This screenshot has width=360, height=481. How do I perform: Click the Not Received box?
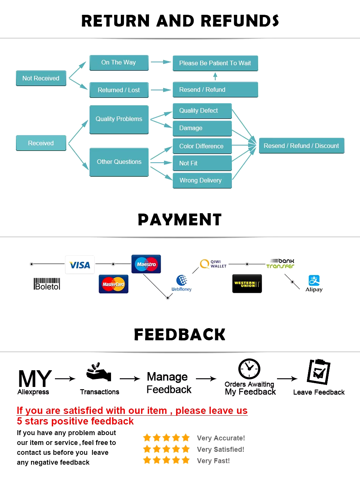[41, 78]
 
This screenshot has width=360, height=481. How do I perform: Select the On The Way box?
[119, 63]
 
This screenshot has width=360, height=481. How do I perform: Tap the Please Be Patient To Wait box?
[215, 63]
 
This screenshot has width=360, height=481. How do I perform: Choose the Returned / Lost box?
[119, 90]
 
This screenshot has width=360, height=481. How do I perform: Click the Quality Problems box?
[119, 119]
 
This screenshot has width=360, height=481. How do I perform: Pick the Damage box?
[202, 128]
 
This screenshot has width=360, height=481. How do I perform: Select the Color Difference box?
[202, 146]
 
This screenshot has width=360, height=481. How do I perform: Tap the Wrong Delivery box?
[202, 181]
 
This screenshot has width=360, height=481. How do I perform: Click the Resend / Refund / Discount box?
[302, 146]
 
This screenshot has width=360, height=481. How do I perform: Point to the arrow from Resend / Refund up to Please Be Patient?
[215, 77]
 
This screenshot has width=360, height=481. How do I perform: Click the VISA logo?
[80, 265]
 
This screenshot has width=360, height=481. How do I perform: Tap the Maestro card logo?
[146, 264]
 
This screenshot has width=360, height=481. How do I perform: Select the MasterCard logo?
[113, 284]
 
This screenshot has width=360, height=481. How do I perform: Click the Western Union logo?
[247, 284]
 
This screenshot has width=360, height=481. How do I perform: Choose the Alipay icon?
[314, 280]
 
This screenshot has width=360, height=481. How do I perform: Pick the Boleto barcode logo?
[47, 284]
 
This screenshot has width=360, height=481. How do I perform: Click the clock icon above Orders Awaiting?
[249, 369]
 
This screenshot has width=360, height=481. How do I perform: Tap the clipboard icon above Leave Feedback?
[319, 372]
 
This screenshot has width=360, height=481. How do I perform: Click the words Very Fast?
[213, 461]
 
